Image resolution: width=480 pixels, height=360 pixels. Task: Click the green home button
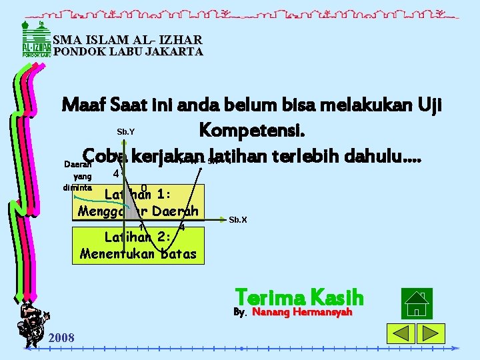(417, 303)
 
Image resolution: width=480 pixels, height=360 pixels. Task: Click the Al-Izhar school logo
(37, 39)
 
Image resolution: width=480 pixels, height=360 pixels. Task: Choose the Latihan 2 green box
(139, 245)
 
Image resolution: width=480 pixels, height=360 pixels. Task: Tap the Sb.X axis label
(238, 219)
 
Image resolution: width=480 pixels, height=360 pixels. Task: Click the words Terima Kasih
(299, 297)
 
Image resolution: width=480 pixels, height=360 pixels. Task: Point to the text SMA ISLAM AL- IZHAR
(127, 39)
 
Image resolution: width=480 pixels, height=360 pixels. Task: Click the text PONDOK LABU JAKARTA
(128, 51)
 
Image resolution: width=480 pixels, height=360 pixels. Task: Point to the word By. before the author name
(240, 312)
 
